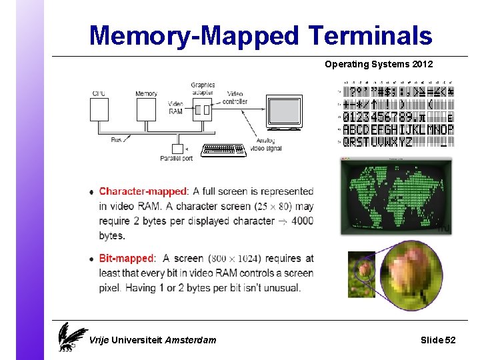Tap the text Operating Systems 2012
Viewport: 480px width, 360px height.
tap(378, 65)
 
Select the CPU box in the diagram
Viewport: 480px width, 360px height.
tap(99, 109)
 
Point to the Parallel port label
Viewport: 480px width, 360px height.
tap(176, 158)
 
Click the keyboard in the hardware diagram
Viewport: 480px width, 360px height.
tap(223, 149)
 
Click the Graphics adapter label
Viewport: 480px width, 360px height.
tap(203, 89)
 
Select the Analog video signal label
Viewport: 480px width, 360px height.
tap(265, 145)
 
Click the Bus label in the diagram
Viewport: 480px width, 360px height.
tap(117, 140)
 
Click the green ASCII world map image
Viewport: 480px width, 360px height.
tap(396, 196)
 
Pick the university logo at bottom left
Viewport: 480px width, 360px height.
tap(72, 336)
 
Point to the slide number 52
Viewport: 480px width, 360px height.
tap(450, 340)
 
